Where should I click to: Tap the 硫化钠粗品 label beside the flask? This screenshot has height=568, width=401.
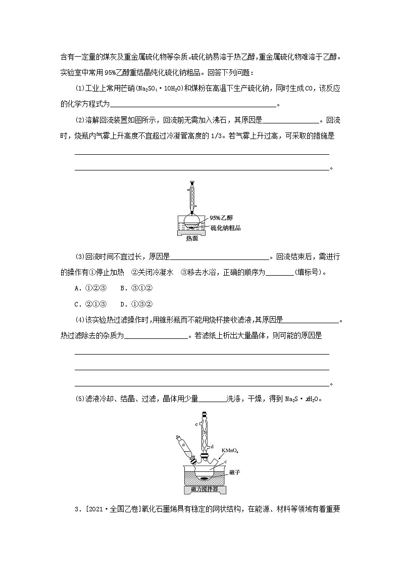(x=225, y=228)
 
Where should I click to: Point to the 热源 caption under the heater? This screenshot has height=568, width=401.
(x=192, y=239)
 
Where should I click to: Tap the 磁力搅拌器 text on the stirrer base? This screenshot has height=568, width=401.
(x=205, y=490)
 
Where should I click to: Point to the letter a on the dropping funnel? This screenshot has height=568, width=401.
(x=182, y=446)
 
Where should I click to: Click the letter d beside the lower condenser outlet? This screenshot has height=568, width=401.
(x=213, y=447)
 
